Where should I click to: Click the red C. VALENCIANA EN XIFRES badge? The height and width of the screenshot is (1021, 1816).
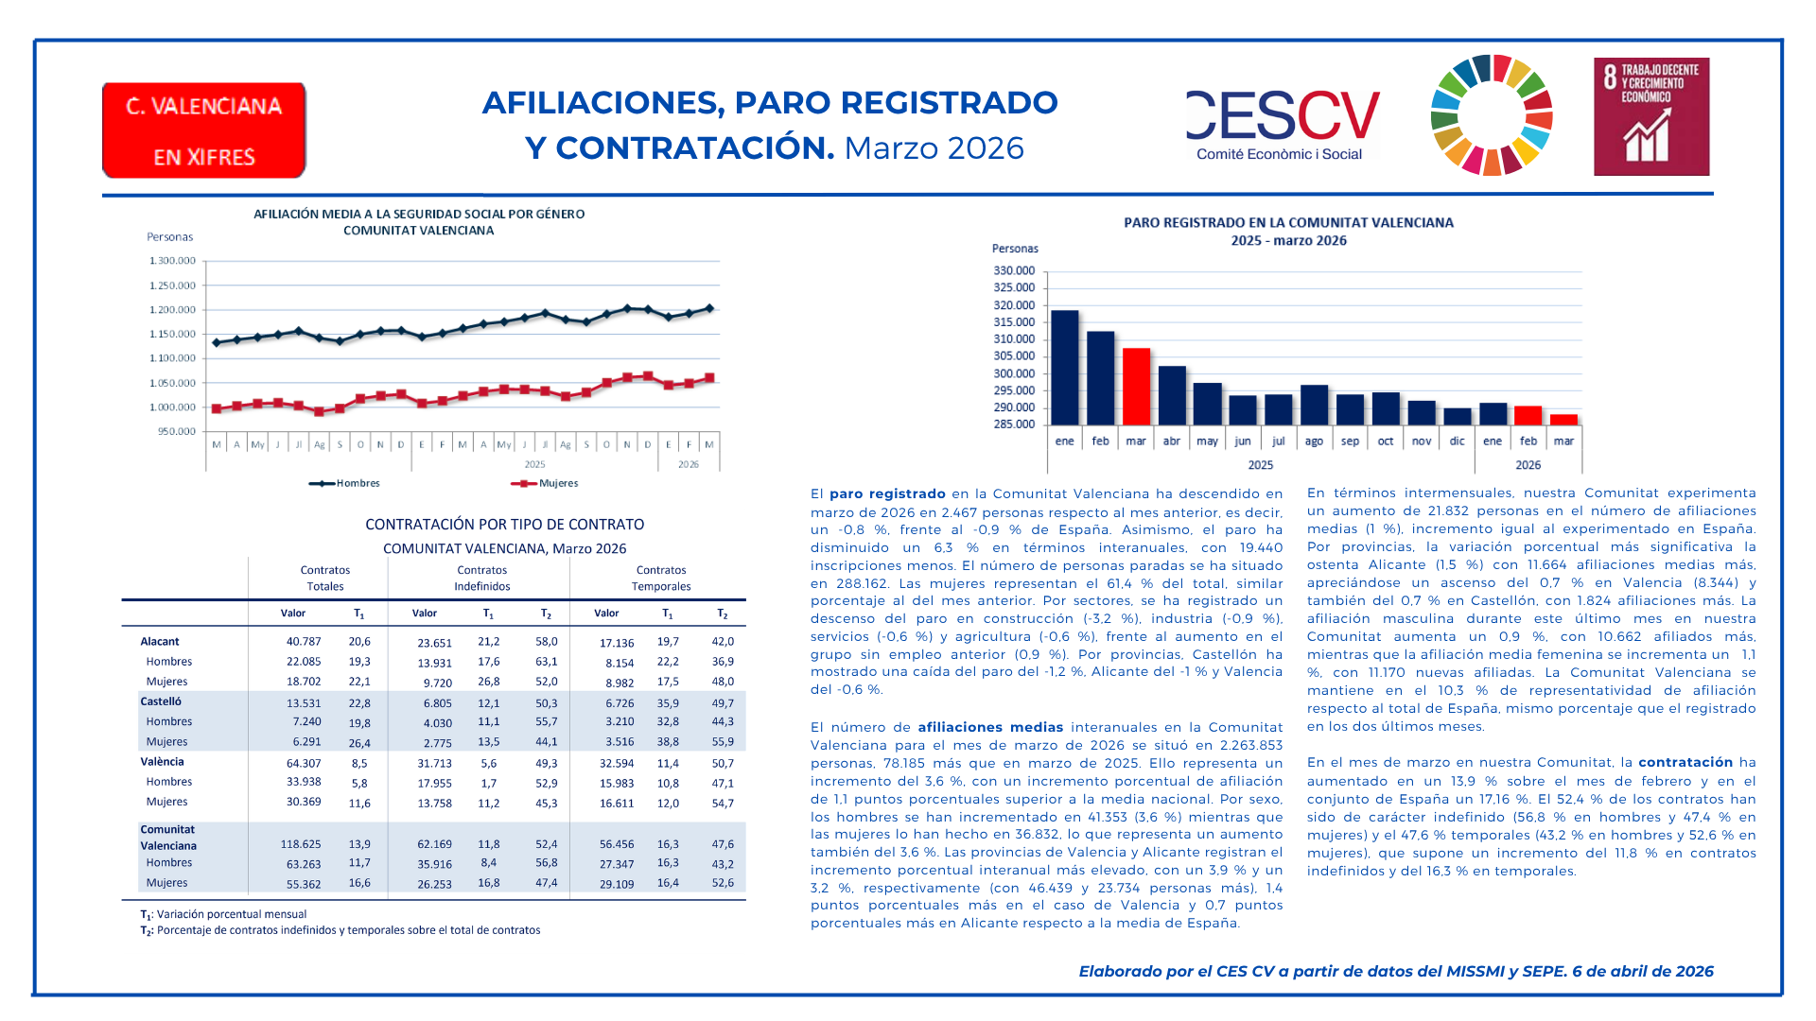pos(203,130)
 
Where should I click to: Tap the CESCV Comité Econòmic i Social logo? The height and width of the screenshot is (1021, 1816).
pos(1283,126)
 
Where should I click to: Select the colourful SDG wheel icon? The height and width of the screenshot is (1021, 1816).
pos(1492,115)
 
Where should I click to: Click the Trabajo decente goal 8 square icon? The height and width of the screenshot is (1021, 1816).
pos(1650,116)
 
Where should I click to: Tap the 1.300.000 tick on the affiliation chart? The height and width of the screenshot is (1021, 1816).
pos(172,261)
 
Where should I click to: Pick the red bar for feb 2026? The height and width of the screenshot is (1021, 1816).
pos(1528,415)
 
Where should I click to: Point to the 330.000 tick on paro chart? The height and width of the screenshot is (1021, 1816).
pos(1014,270)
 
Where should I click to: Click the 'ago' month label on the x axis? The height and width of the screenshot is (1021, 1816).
pos(1314,441)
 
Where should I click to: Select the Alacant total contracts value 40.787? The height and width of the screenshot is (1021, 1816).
pos(304,642)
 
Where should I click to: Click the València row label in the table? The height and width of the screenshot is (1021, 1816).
pos(163,762)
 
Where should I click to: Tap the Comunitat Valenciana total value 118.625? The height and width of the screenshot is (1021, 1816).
pos(300,844)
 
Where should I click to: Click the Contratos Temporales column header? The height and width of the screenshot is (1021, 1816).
pos(661,578)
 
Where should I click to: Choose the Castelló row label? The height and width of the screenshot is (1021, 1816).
pos(161,701)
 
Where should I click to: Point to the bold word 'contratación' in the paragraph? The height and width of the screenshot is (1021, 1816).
pos(1685,762)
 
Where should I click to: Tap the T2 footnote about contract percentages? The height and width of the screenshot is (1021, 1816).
pos(340,930)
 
